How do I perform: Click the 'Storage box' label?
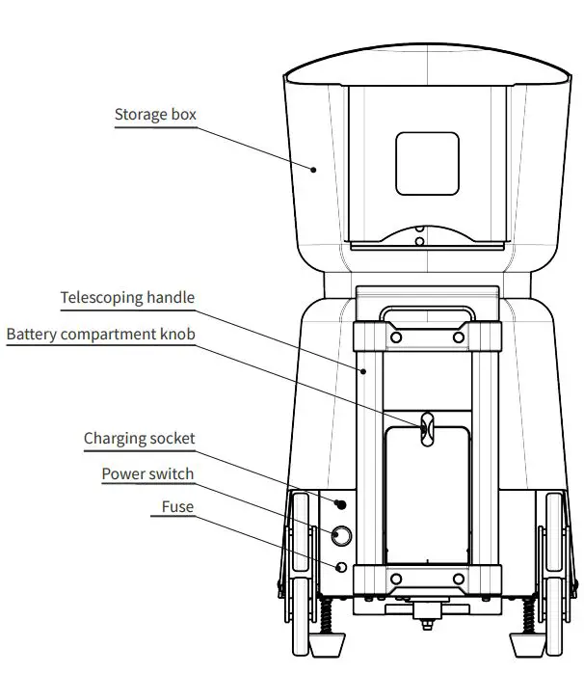click(155, 115)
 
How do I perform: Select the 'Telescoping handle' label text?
click(127, 298)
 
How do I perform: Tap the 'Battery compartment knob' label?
click(100, 335)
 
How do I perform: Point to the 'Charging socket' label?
click(139, 439)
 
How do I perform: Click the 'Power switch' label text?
click(147, 473)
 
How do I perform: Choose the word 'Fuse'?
click(177, 507)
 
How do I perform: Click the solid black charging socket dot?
click(340, 504)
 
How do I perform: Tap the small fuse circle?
click(340, 566)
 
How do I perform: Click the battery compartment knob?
click(425, 426)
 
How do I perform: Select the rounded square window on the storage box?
click(428, 162)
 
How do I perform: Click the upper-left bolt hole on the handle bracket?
click(395, 338)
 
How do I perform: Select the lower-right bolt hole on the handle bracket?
click(459, 580)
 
